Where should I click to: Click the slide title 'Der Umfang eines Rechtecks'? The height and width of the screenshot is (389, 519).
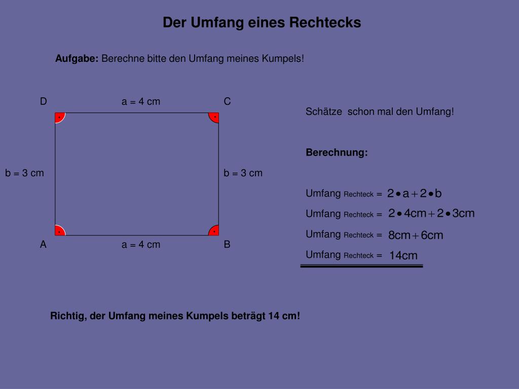click(262, 23)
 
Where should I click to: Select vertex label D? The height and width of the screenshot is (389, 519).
click(44, 102)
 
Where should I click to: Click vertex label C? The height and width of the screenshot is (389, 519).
click(228, 102)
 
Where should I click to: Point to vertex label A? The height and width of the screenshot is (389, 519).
click(44, 245)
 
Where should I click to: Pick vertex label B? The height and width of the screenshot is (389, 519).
click(227, 245)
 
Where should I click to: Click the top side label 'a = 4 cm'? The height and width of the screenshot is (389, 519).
click(141, 102)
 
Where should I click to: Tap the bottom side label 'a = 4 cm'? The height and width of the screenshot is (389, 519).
click(141, 245)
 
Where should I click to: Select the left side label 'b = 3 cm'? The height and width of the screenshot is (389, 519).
click(25, 173)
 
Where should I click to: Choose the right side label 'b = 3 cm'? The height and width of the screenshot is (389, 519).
click(243, 173)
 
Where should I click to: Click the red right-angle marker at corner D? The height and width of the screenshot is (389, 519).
click(59, 117)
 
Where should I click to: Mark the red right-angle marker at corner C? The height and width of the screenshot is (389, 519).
click(214, 117)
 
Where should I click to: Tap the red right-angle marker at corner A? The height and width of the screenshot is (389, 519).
click(59, 231)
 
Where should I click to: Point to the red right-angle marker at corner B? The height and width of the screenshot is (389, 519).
click(214, 231)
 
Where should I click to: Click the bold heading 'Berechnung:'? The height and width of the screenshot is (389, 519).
click(337, 152)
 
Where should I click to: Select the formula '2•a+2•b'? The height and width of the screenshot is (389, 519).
click(415, 193)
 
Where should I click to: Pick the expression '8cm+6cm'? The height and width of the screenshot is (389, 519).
click(416, 235)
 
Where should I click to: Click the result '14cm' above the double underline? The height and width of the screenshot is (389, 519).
click(403, 256)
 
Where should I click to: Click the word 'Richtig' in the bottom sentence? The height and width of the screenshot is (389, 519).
click(68, 316)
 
